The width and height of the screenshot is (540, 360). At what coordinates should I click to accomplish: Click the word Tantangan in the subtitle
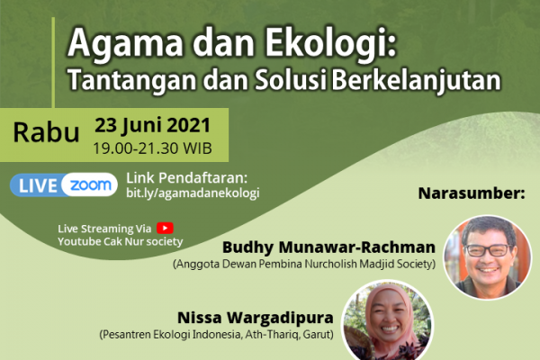click(x=132, y=81)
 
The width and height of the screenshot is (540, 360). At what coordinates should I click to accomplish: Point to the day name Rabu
click(x=46, y=132)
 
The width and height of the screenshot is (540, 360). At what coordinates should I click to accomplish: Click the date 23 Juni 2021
click(x=153, y=125)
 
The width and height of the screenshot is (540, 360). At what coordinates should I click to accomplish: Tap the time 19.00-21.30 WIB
click(x=153, y=148)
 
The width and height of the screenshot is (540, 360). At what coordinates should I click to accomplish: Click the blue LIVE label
click(x=38, y=185)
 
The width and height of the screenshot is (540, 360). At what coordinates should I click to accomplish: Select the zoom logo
click(x=91, y=185)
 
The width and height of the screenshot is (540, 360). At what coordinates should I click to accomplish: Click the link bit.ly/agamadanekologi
click(x=193, y=193)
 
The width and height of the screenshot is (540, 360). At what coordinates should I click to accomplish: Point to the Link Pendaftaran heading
click(x=187, y=178)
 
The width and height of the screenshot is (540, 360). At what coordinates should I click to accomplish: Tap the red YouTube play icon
click(x=165, y=228)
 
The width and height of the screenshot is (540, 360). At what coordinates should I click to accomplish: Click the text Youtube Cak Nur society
click(x=121, y=241)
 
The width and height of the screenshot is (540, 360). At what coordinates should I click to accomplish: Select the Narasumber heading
click(x=472, y=193)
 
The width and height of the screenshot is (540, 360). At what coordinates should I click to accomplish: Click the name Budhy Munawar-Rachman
click(x=328, y=247)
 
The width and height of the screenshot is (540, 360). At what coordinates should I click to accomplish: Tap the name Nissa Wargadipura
click(x=256, y=318)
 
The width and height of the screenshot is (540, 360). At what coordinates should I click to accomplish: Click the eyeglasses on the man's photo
click(x=489, y=250)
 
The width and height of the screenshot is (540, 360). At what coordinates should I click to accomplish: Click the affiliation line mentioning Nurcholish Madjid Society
click(x=304, y=265)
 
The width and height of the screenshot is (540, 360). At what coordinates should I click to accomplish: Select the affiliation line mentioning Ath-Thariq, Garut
click(x=216, y=335)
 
